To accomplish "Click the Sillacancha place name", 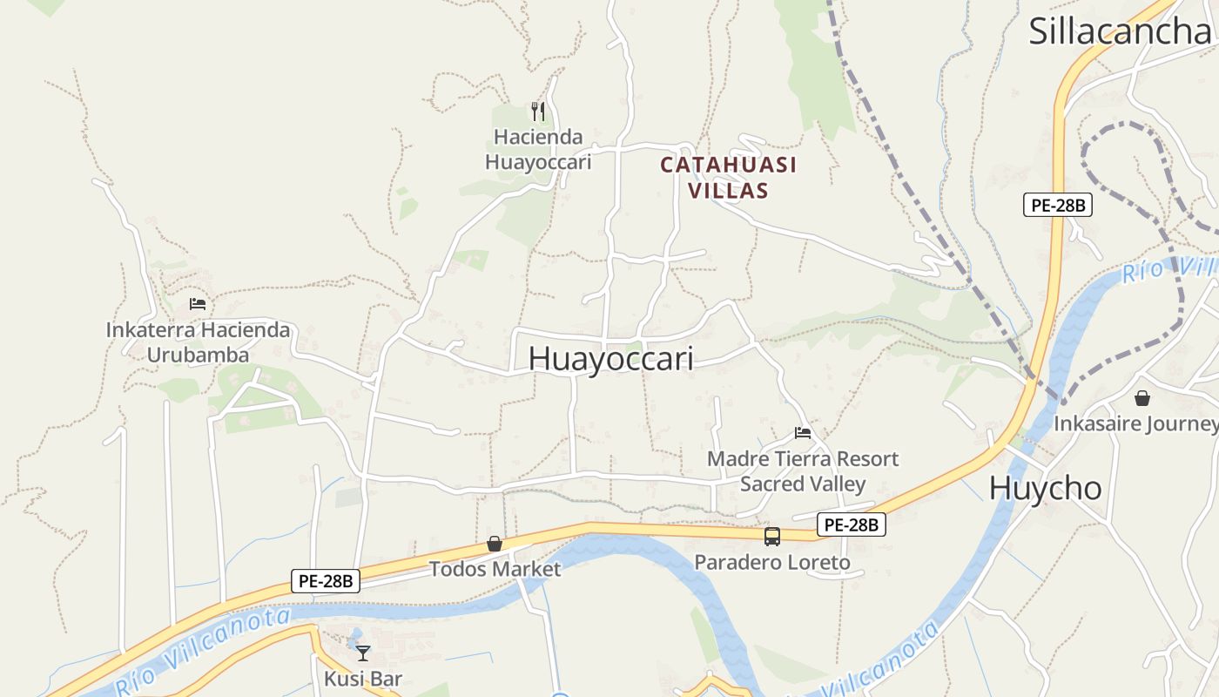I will point(1120,30).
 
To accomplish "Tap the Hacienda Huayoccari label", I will point(538,149).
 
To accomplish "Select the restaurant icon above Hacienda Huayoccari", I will point(538,112).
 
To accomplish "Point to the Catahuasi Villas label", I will point(729,177).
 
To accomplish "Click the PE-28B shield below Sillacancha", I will point(1057,206).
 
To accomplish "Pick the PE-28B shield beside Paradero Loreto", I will point(852,524).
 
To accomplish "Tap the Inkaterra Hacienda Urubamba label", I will point(198,342).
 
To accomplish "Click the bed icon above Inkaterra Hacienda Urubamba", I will point(198,304).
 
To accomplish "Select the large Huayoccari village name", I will point(610,359).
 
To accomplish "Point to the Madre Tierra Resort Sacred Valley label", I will point(803,470).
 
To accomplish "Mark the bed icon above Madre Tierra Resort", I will point(803,432).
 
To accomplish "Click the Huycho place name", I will point(1045,488).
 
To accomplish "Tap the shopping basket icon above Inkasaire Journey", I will point(1142,398).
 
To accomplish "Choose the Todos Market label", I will point(495,569).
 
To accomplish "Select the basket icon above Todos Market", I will point(495,544).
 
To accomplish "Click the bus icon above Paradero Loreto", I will point(772,537).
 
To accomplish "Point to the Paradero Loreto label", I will point(772,563).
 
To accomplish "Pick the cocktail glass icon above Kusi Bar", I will point(363,653).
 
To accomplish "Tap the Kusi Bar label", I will point(363,679).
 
